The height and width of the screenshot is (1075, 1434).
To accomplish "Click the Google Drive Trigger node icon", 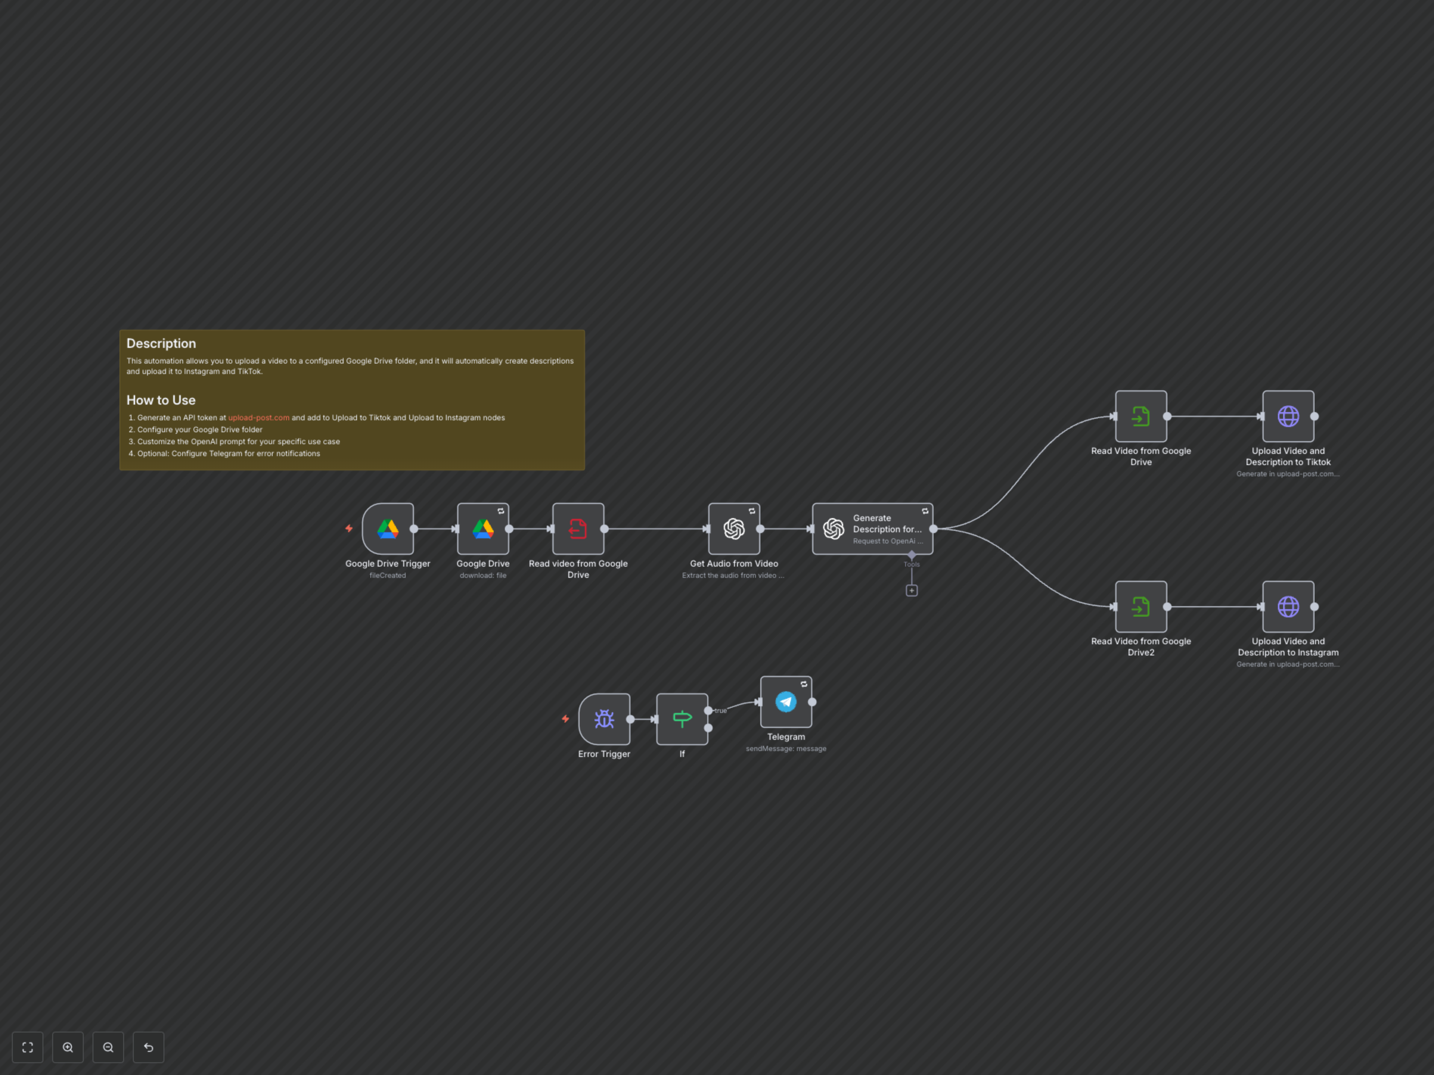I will click(x=388, y=529).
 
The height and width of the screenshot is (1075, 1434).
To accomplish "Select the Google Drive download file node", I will click(x=483, y=529).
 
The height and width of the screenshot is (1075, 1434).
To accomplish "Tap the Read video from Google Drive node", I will click(x=578, y=529).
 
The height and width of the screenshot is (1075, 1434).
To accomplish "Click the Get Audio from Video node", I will click(x=734, y=529).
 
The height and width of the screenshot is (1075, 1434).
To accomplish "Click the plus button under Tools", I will click(x=912, y=590).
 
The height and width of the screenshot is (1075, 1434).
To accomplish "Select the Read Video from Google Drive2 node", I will click(x=1141, y=607).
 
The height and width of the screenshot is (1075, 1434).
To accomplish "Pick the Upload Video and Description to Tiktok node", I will click(x=1288, y=416).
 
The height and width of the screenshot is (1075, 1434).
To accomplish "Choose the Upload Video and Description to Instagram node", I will click(x=1288, y=607).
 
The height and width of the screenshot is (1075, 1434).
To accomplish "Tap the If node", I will click(x=682, y=719).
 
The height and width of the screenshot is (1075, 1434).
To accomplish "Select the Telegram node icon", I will click(x=786, y=702).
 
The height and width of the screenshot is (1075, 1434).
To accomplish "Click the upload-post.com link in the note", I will click(x=259, y=418).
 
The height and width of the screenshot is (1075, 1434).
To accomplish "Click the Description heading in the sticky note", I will click(x=161, y=343).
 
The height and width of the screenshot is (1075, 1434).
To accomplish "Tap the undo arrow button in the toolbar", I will click(x=149, y=1047).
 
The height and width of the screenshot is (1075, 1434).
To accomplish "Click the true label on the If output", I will click(x=720, y=711).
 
